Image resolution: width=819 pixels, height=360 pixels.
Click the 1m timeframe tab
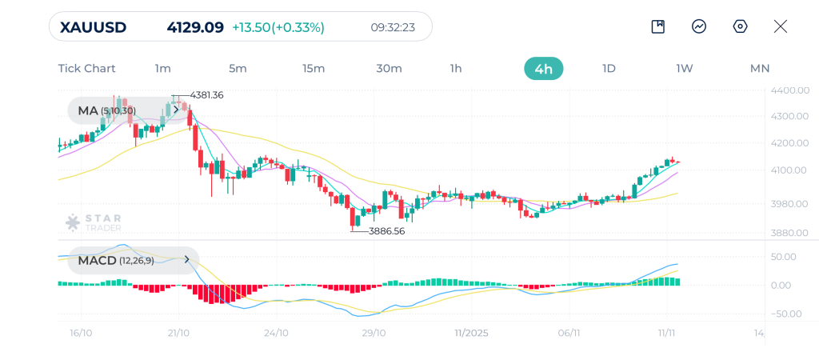163,68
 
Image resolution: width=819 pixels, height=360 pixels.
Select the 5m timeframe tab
238,68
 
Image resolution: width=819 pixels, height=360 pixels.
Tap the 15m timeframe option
314,68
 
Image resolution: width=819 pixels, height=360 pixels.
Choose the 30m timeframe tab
389,68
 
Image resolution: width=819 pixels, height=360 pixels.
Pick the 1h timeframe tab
456,68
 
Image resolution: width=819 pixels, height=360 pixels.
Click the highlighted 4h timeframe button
544,69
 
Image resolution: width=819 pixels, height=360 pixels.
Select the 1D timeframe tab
609,68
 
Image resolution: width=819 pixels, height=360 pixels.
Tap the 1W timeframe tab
684,68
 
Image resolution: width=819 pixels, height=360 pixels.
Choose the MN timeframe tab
759,68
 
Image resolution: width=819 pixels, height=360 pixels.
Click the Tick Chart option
86,68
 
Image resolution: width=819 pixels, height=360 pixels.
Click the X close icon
781,26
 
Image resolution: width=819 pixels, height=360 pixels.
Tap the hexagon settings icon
740,26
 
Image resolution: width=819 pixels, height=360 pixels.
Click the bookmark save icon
658,26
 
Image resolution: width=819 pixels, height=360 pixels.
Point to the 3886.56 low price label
387,230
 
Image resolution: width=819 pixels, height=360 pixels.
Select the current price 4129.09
195,27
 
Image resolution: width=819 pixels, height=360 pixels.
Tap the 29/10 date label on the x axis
374,332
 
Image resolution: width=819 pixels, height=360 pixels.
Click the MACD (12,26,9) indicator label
116,260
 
